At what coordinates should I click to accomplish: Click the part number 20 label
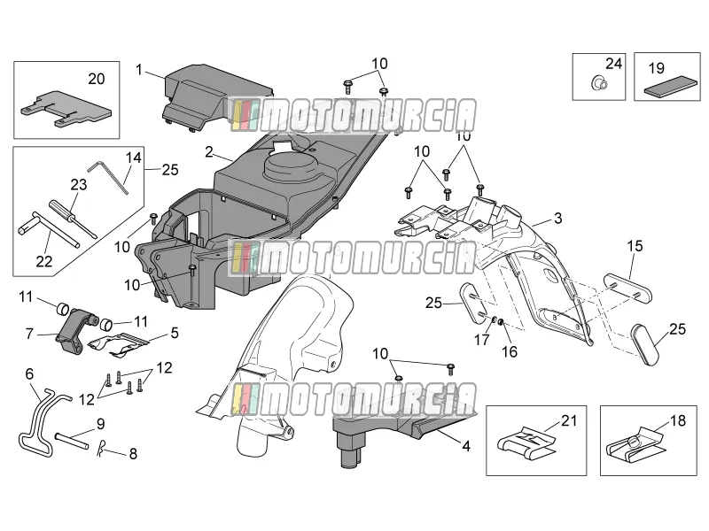97,79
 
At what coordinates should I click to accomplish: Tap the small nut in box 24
600,82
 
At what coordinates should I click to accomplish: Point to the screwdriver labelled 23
73,219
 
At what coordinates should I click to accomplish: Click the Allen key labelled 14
108,176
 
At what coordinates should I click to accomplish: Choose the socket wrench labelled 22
49,229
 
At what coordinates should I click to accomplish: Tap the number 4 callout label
466,447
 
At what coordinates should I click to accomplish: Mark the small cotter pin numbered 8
101,449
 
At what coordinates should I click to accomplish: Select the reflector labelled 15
628,287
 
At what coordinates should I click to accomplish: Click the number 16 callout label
510,351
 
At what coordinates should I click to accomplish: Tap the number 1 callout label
139,70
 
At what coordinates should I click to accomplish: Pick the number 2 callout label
208,151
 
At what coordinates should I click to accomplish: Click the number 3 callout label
558,218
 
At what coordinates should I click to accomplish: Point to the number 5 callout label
175,333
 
